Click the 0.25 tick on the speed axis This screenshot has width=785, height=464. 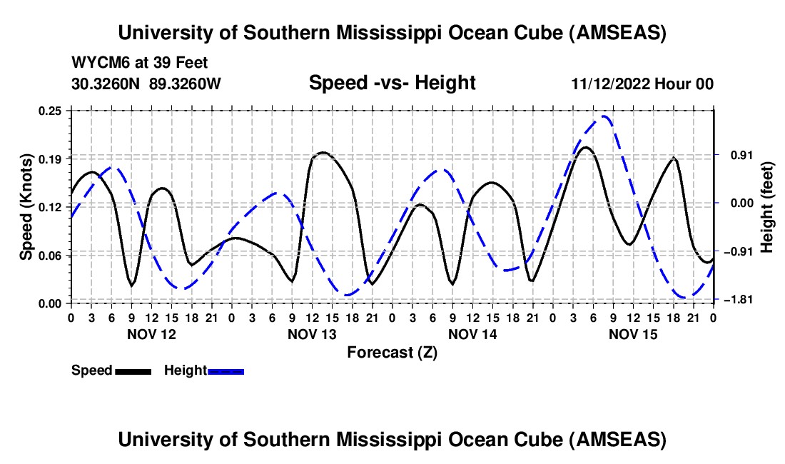point(51,111)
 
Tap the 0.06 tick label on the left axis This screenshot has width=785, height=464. point(51,255)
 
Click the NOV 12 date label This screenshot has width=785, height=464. point(151,334)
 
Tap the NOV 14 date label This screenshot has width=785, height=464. point(472,334)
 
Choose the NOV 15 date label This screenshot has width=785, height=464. point(632,334)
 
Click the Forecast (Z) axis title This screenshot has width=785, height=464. point(392,352)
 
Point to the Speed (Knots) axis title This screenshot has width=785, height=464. point(26,206)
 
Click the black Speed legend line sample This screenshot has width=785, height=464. point(132,370)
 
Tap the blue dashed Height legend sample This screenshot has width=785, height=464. point(226,370)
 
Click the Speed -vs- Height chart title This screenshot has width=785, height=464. point(392,83)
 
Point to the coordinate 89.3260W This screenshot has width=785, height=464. point(186,84)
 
